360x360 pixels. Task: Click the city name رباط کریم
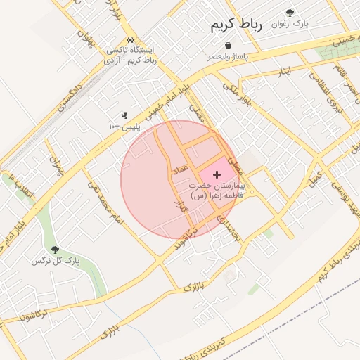click(236, 25)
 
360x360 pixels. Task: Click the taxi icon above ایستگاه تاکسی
click(130, 39)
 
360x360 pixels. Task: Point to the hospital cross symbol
click(217, 173)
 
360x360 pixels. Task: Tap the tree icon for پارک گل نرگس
click(55, 250)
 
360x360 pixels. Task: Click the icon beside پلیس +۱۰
click(124, 115)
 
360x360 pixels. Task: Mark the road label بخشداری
click(229, 228)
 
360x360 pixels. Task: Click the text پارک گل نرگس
click(56, 262)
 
